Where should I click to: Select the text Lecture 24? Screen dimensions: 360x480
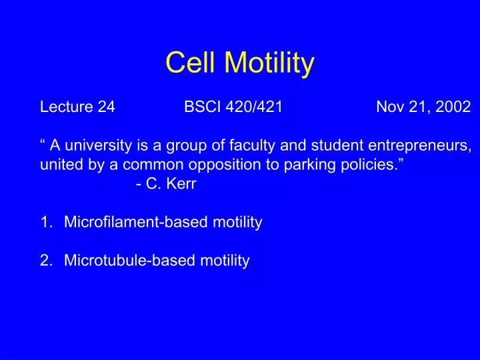coord(77,107)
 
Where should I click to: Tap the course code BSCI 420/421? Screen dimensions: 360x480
coord(233,107)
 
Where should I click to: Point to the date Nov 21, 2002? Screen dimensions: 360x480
coord(423,107)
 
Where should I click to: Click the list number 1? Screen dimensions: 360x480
coord(45,223)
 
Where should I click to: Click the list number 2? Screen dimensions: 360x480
coord(45,261)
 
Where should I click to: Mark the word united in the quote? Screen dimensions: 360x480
coord(59,165)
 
